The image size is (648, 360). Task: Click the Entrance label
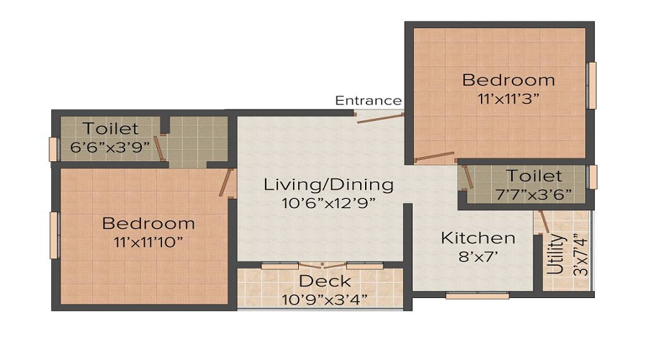(x=368, y=100)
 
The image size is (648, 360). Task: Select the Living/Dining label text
(x=328, y=184)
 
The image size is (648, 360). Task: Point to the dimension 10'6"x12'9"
(x=328, y=203)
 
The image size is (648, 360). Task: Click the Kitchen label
(x=478, y=238)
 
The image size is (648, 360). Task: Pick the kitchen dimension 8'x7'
(x=478, y=256)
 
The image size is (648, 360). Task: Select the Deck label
(x=325, y=281)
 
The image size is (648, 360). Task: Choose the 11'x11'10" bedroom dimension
(x=148, y=241)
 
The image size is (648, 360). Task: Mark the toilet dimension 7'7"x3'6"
(x=533, y=194)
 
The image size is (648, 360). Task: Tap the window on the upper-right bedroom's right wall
(x=592, y=86)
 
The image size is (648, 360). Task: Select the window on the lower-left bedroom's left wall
(x=53, y=235)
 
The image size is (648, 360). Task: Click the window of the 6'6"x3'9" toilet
(x=53, y=148)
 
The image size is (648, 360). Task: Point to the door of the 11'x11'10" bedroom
(x=230, y=183)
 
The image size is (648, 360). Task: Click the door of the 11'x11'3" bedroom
(x=435, y=158)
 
